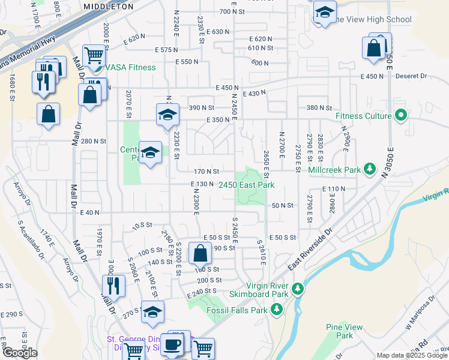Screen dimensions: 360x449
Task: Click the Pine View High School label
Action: [373, 20]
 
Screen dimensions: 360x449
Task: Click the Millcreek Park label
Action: [334, 170]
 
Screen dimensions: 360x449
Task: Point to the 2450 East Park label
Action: [246, 185]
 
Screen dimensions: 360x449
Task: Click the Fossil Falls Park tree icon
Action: [276, 310]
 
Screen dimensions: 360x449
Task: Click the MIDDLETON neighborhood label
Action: [109, 7]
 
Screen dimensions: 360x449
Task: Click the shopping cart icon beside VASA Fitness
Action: [94, 56]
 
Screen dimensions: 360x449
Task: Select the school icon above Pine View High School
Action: [325, 13]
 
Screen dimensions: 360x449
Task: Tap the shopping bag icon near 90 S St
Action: [200, 253]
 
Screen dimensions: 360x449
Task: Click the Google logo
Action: [20, 353]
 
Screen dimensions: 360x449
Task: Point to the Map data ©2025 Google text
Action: [411, 356]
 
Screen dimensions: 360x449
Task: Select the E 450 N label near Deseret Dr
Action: [372, 76]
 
